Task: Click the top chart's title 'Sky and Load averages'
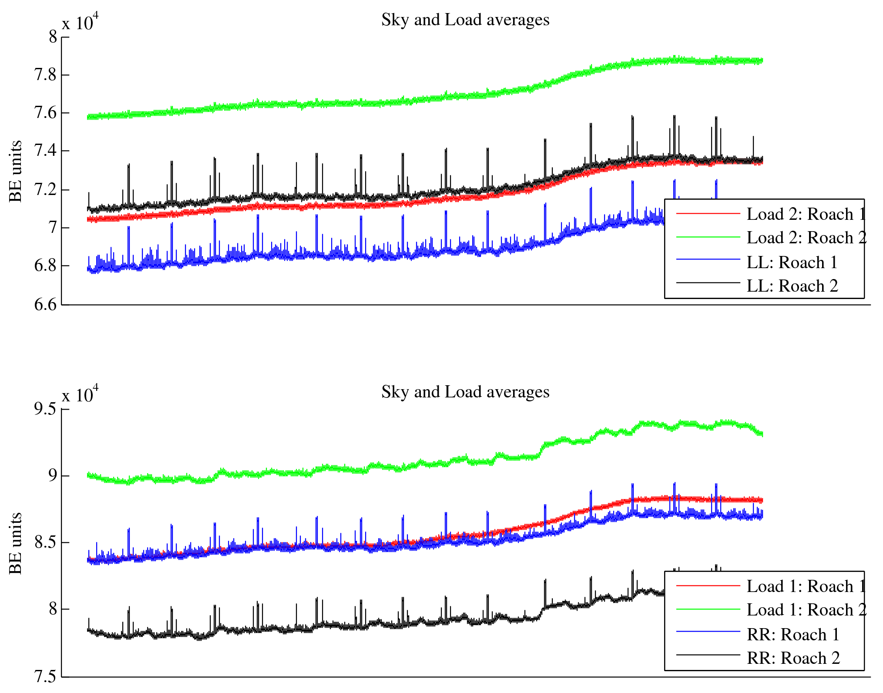click(465, 20)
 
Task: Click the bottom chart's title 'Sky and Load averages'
click(465, 392)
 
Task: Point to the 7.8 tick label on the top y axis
click(46, 75)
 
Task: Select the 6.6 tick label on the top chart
click(46, 305)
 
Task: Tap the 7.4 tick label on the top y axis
click(46, 151)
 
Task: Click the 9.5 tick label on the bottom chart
click(46, 409)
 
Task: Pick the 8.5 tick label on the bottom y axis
click(46, 543)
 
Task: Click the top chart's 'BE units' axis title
click(16, 171)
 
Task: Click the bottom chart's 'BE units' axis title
click(16, 543)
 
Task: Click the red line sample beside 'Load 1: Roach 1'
click(708, 586)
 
